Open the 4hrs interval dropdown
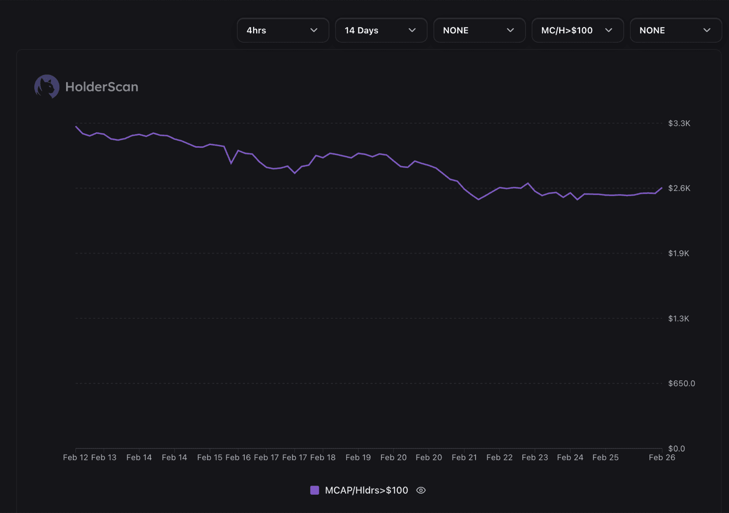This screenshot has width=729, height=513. point(283,30)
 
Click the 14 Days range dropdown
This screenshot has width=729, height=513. point(381,30)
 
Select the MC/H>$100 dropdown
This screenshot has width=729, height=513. point(577,30)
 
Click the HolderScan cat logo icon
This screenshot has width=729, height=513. point(47,86)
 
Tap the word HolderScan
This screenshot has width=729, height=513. point(102,87)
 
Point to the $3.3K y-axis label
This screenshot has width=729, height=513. point(679,123)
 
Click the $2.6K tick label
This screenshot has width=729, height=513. point(679,188)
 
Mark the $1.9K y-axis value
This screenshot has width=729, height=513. point(678,253)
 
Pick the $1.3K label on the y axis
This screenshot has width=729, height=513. point(678,318)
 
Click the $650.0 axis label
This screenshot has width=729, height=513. point(681,383)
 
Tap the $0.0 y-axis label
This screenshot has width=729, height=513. point(676,448)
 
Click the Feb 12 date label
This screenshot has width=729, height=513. point(76,457)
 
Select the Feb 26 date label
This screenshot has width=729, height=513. point(661,457)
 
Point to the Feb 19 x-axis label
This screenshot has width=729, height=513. point(358,457)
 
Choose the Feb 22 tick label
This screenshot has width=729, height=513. point(499,457)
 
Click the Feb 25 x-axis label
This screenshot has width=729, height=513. point(605,457)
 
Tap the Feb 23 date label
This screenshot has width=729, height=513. point(535,457)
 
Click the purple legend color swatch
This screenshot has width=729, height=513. point(315,490)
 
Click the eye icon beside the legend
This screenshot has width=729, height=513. point(421,490)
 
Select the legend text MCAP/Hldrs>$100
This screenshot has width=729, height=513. point(366,490)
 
